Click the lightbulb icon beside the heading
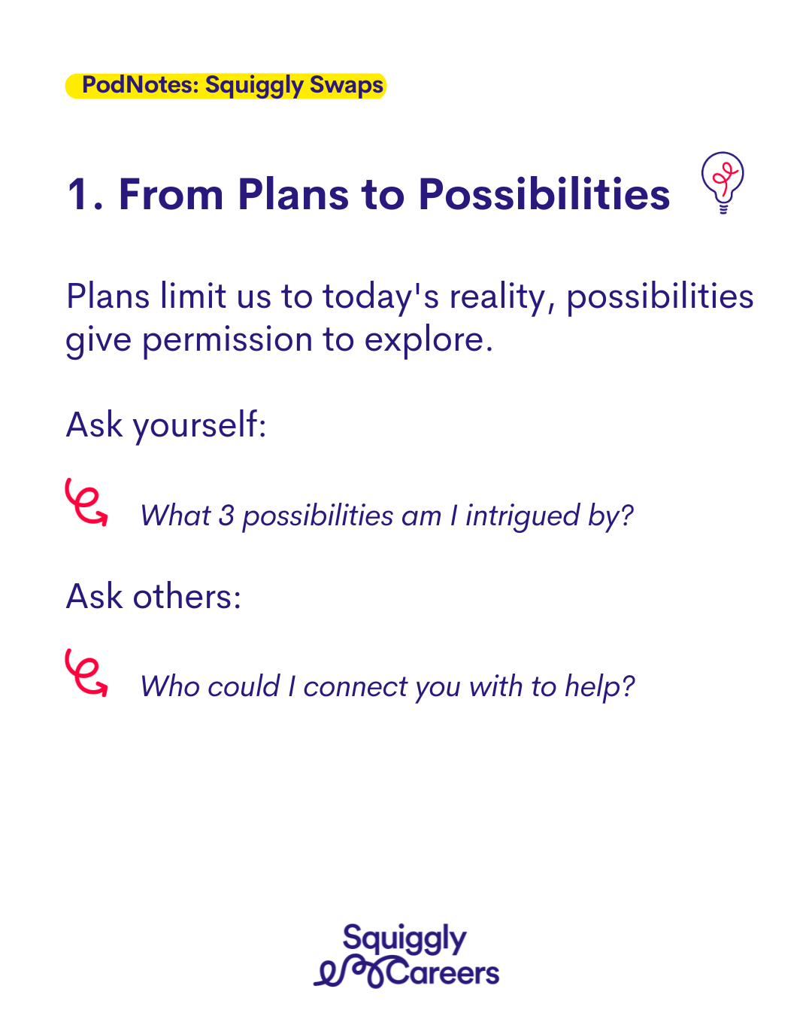tap(722, 182)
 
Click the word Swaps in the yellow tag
tap(347, 85)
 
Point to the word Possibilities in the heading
tap(544, 193)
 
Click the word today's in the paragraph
tap(380, 298)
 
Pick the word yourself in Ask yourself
tap(199, 426)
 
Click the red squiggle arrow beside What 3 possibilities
tap(86, 502)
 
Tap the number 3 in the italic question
tap(226, 515)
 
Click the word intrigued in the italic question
tap(523, 516)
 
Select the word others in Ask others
tap(187, 597)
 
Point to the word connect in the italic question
tap(356, 687)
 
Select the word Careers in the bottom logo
tap(443, 974)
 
